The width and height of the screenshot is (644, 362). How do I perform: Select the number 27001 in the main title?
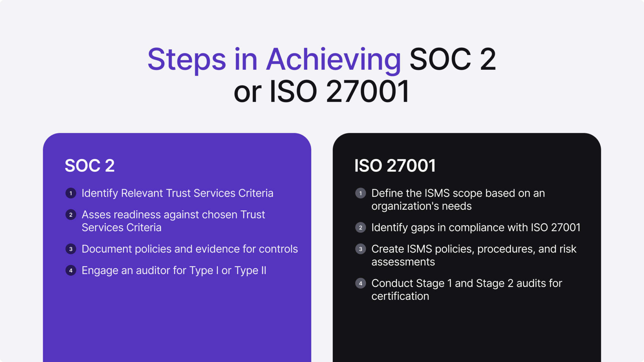(368, 91)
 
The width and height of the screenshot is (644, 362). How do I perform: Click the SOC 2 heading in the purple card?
(90, 166)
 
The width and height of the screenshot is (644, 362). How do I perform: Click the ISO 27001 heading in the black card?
(395, 166)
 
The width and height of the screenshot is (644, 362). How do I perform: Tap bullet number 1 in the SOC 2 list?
(71, 193)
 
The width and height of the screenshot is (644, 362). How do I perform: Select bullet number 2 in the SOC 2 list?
(71, 215)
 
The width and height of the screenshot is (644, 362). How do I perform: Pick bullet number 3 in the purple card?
(71, 249)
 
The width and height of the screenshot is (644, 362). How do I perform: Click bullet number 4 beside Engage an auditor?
(71, 271)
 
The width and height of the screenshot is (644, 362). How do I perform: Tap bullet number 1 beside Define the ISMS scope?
(361, 193)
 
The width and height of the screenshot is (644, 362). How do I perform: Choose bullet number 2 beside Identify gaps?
(361, 228)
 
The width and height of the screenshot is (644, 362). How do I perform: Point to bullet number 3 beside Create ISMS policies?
(361, 249)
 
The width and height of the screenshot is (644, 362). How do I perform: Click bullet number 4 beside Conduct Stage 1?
(361, 283)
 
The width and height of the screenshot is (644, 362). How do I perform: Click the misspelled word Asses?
(96, 215)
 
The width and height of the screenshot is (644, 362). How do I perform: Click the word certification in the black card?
(400, 296)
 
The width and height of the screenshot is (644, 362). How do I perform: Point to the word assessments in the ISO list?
(403, 262)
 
